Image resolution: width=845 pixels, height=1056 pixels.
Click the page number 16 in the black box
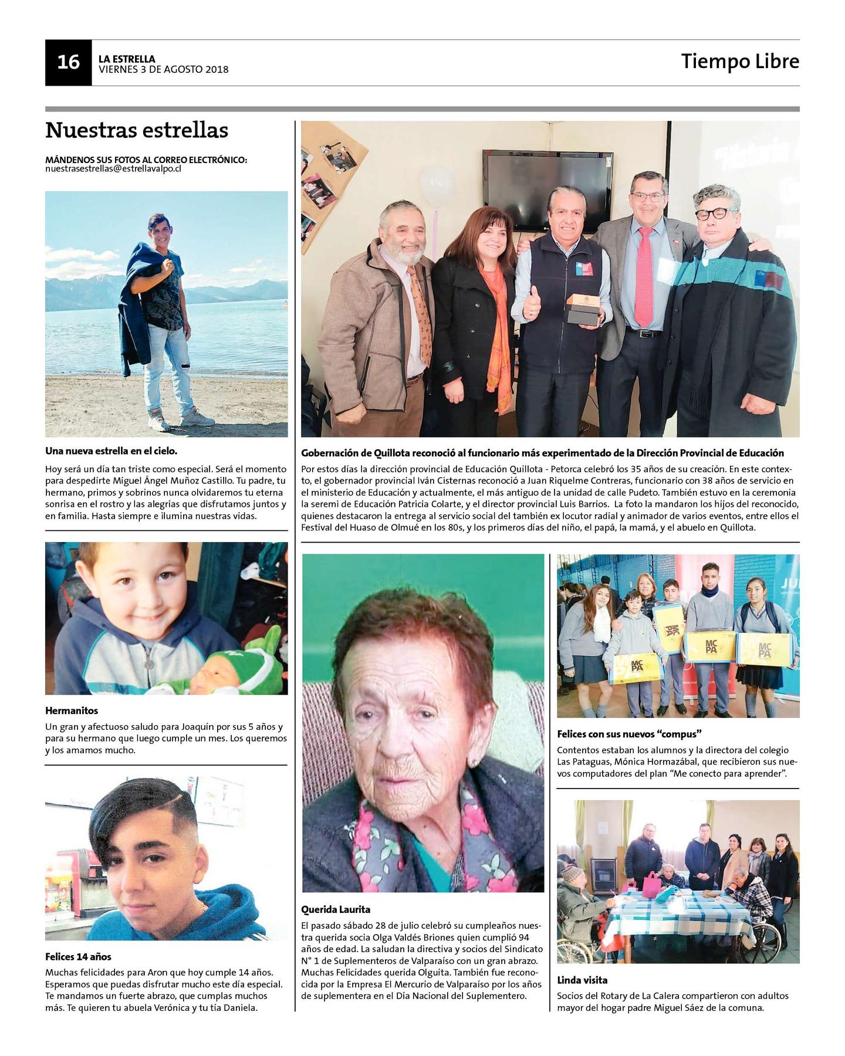tap(68, 62)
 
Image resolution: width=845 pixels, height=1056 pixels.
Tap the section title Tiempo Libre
tap(739, 62)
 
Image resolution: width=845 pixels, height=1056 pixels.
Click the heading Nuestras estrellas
tap(136, 130)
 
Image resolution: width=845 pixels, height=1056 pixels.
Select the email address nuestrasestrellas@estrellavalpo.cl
tap(121, 168)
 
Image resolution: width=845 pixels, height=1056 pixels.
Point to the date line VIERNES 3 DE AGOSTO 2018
tap(163, 70)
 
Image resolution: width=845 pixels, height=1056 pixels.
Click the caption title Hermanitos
tap(72, 710)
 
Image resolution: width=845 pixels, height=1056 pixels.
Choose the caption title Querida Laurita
tap(336, 909)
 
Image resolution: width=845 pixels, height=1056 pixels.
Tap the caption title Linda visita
tap(582, 980)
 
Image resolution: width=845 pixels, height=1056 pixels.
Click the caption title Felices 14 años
tap(78, 956)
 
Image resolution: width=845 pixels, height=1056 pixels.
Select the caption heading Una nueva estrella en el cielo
tap(111, 451)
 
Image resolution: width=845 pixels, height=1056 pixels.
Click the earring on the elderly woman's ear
tap(474, 762)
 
